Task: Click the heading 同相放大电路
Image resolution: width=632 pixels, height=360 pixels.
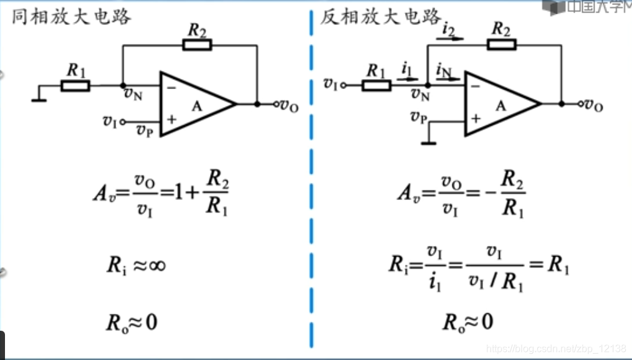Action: pos(71,16)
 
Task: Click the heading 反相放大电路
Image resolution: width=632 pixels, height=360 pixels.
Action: pos(381,16)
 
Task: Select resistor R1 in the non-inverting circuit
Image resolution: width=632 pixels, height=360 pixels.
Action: pos(75,85)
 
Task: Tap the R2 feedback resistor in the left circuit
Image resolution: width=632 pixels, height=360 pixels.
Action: pos(197,45)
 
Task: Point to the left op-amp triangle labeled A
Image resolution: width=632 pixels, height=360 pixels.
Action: pos(196,104)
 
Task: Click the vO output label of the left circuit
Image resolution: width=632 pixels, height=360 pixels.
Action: pos(289,106)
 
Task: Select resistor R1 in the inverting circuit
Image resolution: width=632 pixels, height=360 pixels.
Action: pos(376,85)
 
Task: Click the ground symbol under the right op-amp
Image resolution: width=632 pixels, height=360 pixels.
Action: pos(428,143)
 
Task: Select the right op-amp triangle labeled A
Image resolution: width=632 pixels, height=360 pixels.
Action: pos(500,104)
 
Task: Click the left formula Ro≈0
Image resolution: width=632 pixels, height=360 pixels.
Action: pos(132,322)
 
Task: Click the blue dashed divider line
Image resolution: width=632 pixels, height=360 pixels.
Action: pos(310,187)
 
